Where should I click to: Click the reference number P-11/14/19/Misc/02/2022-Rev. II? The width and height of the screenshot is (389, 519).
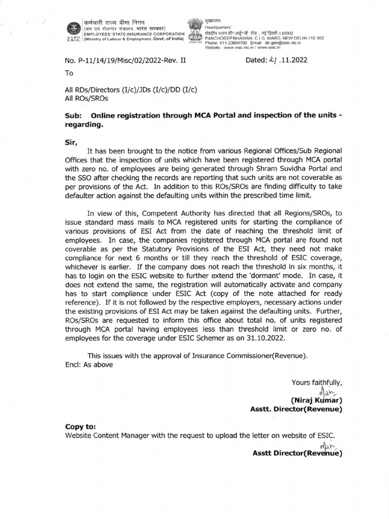[x=125, y=60]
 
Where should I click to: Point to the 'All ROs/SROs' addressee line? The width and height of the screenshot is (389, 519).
[x=87, y=98]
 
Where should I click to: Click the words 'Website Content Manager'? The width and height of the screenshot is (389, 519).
[x=108, y=436]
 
